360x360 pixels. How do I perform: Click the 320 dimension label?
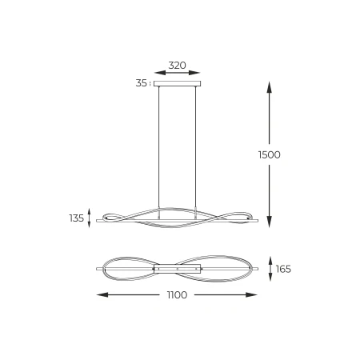click(x=177, y=66)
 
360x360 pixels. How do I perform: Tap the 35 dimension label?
click(x=142, y=83)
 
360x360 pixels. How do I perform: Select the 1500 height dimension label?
click(x=270, y=154)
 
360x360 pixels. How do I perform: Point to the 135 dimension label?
click(x=77, y=218)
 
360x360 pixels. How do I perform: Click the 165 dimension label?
click(x=283, y=269)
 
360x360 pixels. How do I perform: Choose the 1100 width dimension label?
click(x=177, y=295)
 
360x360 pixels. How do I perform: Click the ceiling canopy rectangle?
click(x=178, y=84)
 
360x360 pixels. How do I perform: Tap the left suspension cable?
click(x=159, y=147)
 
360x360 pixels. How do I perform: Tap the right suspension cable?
click(x=195, y=147)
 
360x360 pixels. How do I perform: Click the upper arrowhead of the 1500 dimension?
click(x=270, y=87)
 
